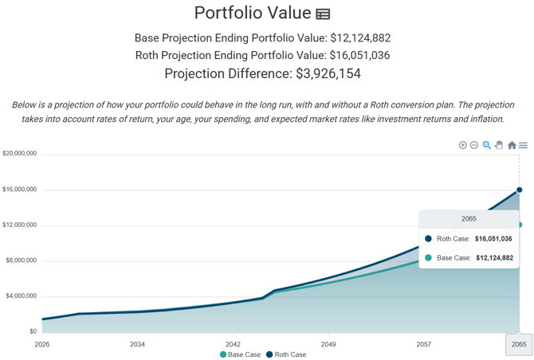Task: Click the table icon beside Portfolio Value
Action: point(323,14)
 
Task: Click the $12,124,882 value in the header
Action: point(360,37)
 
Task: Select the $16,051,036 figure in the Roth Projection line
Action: point(359,55)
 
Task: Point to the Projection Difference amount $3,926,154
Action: point(328,73)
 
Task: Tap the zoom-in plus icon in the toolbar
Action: point(462,145)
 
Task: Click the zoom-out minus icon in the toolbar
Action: point(473,145)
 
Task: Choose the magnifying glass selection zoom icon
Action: point(487,145)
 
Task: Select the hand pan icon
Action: point(499,145)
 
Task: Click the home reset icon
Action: point(512,145)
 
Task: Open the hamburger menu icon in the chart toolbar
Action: point(523,145)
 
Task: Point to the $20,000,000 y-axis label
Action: point(19,154)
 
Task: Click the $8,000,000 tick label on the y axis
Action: point(21,260)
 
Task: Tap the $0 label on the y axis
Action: point(33,331)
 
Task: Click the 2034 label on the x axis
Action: point(137,344)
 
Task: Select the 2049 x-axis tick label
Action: point(328,344)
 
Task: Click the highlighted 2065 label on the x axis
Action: point(519,344)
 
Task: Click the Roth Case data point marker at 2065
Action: point(519,190)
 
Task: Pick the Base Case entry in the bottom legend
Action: point(240,354)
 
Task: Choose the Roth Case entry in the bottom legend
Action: point(286,354)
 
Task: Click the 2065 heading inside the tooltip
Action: point(469,219)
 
